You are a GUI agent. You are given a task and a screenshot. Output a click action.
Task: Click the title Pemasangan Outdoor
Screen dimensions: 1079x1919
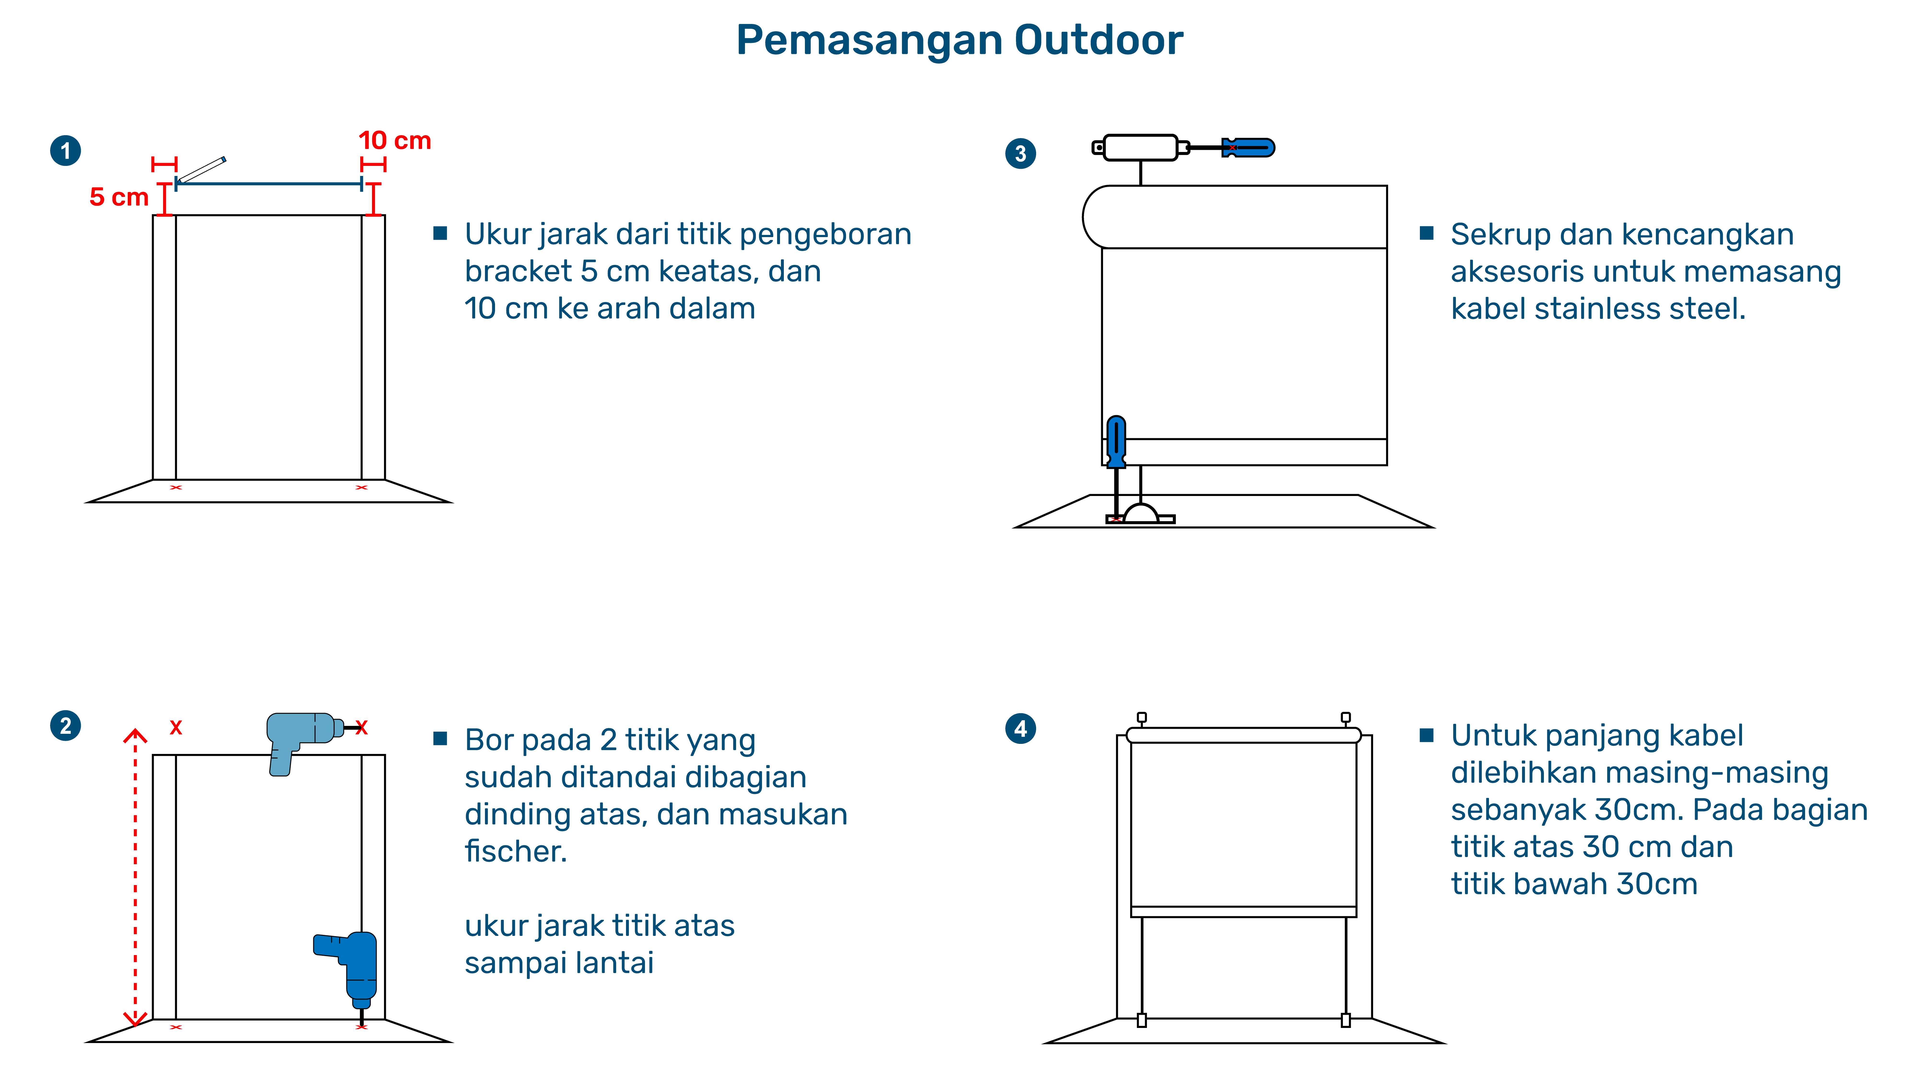959,40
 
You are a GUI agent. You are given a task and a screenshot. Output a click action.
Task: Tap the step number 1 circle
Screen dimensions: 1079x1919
65,150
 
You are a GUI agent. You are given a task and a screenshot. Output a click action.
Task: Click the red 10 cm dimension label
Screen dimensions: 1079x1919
395,141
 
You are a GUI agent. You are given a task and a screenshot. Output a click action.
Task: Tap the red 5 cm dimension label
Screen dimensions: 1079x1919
119,197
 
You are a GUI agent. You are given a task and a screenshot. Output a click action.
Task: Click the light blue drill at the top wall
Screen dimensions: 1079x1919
302,737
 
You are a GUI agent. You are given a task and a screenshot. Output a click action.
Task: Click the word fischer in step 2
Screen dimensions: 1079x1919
515,851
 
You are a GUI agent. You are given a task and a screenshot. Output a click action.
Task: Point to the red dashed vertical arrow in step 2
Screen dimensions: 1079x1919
135,879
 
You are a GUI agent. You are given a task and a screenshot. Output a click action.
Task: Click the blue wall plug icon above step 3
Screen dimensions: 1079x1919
1249,147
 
